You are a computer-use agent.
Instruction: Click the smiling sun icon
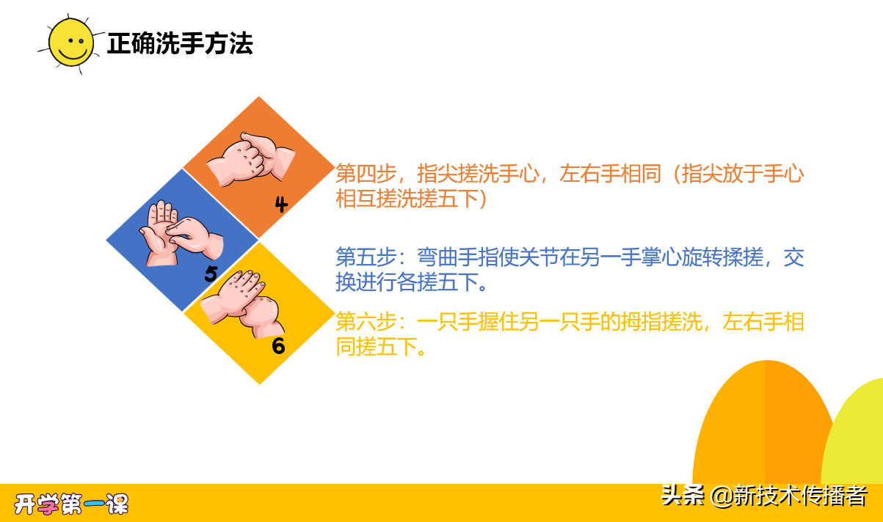[x=71, y=43]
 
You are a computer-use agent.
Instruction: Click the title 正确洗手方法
[x=180, y=44]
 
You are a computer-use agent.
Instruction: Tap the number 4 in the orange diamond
[x=281, y=205]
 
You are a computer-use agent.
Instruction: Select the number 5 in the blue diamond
[x=211, y=274]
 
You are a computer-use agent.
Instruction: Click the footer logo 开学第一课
[x=71, y=504]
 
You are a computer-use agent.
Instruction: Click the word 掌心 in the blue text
[x=642, y=258]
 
